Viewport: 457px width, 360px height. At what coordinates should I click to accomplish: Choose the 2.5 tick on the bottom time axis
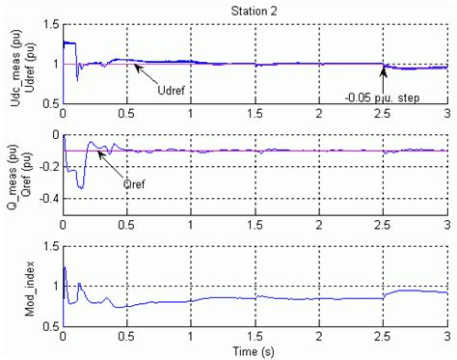(384, 335)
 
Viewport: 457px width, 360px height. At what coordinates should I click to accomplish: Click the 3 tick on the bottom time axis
(447, 335)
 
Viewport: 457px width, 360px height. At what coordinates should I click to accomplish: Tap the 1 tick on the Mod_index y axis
(53, 287)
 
